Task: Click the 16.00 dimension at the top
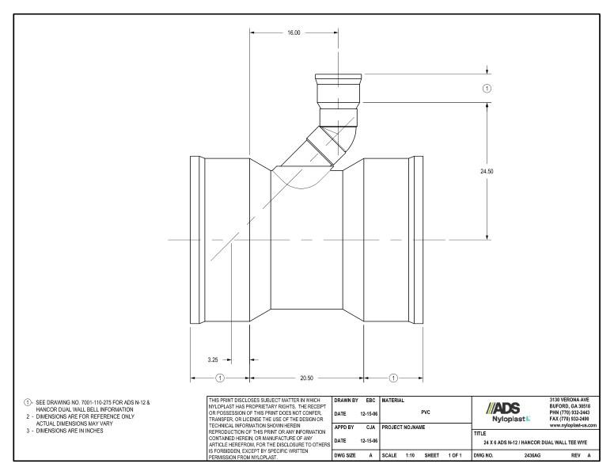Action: (x=293, y=33)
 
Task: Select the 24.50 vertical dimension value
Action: (x=488, y=170)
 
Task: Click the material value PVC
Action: (x=426, y=412)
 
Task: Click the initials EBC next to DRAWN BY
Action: (x=370, y=401)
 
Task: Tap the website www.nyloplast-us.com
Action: (x=571, y=426)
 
